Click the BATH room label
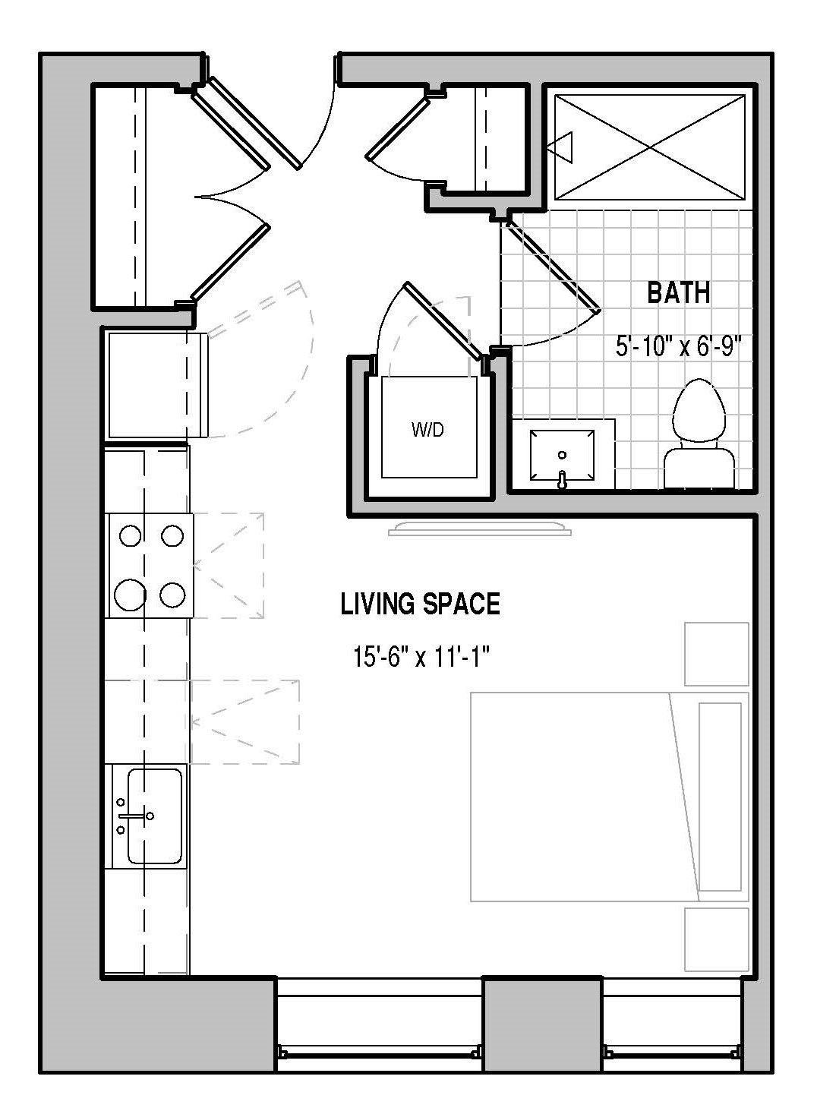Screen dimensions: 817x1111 pyautogui.click(x=679, y=292)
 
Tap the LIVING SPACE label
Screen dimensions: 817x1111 pyautogui.click(x=420, y=604)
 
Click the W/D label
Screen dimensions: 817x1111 pyautogui.click(x=427, y=430)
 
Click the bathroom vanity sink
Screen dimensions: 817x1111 pyautogui.click(x=562, y=456)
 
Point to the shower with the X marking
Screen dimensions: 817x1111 pyautogui.click(x=649, y=147)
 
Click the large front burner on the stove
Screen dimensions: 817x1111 pyautogui.click(x=130, y=594)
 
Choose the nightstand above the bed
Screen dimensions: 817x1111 pyautogui.click(x=716, y=654)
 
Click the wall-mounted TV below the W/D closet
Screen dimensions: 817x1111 pyautogui.click(x=480, y=529)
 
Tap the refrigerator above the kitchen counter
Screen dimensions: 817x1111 pyautogui.click(x=156, y=385)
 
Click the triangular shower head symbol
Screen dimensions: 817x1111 pyautogui.click(x=564, y=147)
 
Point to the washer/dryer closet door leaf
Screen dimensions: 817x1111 pyautogui.click(x=443, y=321)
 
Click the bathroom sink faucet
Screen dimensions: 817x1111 pyautogui.click(x=562, y=479)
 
